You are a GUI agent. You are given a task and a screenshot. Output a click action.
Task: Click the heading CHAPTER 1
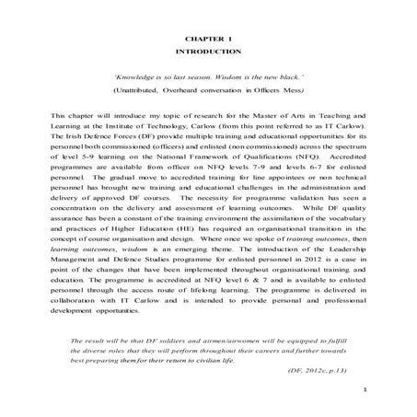208,41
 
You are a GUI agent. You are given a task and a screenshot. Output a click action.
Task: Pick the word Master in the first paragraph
257,120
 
